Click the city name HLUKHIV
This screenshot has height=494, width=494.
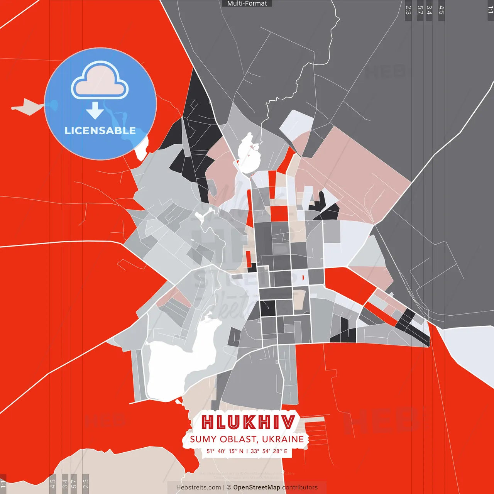coord(248,422)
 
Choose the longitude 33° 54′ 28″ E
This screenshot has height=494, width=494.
coord(269,451)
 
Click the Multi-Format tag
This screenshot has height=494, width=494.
coord(247,3)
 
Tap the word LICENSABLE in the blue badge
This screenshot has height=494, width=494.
coord(100,131)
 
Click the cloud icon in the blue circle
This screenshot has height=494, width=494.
coord(100,81)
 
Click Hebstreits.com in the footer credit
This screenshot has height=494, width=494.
coord(198,487)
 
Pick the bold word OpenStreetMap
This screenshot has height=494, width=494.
coord(257,487)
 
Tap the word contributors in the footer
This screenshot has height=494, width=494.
coord(300,487)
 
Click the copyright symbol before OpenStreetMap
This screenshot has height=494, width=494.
coord(229,487)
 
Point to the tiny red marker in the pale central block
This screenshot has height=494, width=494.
coord(303,277)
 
